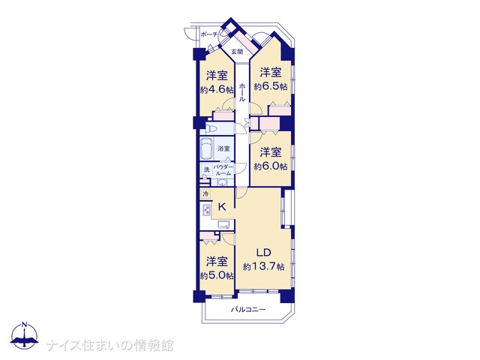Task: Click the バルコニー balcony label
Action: (248, 310)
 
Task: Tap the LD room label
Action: (263, 253)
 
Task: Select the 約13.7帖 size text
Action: (263, 267)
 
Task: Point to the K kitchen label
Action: (222, 207)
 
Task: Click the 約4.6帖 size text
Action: (217, 89)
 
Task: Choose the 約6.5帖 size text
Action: (271, 87)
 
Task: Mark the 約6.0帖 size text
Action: (271, 166)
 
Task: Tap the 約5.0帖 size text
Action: (217, 275)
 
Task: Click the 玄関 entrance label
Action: (237, 52)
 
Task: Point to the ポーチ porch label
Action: (209, 34)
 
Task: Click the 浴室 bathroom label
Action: (223, 148)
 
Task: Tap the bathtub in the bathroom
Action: (206, 148)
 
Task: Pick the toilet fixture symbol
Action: (211, 128)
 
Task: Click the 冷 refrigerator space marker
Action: (205, 193)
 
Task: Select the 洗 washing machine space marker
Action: (207, 170)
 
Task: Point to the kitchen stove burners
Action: (207, 210)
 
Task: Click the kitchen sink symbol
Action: (223, 225)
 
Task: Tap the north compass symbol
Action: (24, 335)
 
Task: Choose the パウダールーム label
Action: (222, 170)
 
